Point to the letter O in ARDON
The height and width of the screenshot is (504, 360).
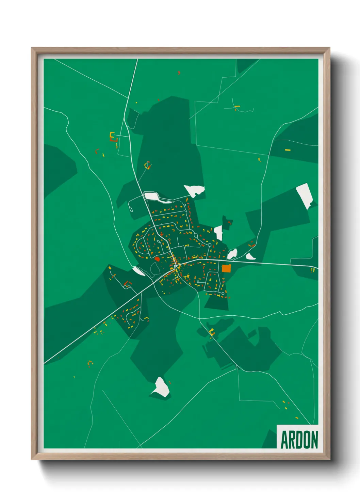[x=307, y=440]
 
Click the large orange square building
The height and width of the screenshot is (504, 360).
[x=226, y=268]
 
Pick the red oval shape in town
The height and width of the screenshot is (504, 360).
[x=157, y=259]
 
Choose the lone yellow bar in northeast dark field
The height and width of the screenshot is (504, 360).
[x=288, y=150]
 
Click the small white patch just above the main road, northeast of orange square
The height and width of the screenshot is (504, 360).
[x=250, y=257]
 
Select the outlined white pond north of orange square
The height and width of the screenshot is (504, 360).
[x=232, y=254]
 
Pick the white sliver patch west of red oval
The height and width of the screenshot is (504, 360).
[x=138, y=271]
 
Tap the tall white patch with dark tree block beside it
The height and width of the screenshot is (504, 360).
[x=218, y=233]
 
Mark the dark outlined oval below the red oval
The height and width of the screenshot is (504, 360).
[x=155, y=269]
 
